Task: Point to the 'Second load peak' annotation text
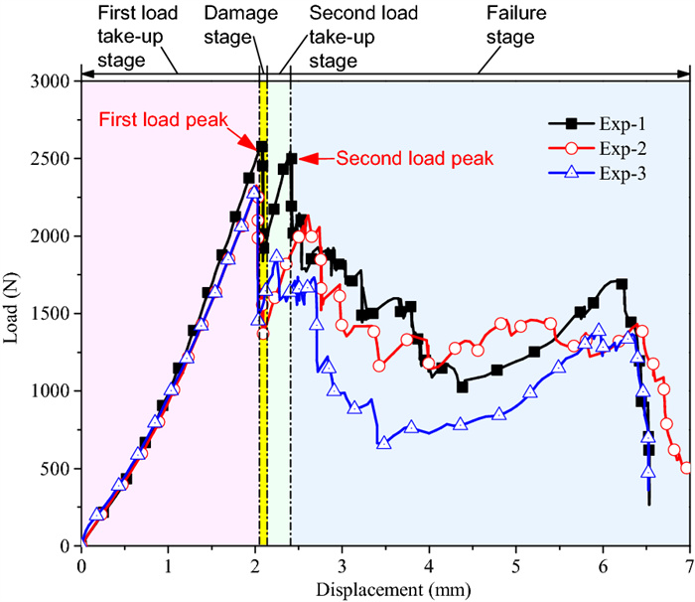[415, 158]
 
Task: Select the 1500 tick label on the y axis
[51, 314]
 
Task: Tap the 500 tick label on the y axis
[55, 469]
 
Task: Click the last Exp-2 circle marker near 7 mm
[687, 468]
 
